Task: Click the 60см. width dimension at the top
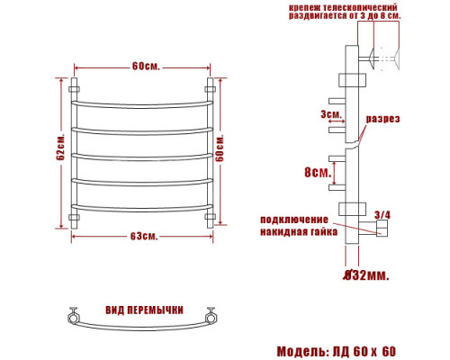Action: (x=146, y=66)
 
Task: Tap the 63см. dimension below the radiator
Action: (x=144, y=236)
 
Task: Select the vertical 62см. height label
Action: (x=60, y=146)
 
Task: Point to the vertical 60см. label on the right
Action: (x=220, y=148)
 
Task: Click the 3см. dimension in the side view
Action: (x=331, y=114)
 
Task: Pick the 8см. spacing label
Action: (x=318, y=172)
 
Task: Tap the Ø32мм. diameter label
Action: (x=366, y=274)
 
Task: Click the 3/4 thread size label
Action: (x=382, y=215)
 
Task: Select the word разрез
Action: (x=382, y=119)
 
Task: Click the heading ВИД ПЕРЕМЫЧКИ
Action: (x=144, y=310)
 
